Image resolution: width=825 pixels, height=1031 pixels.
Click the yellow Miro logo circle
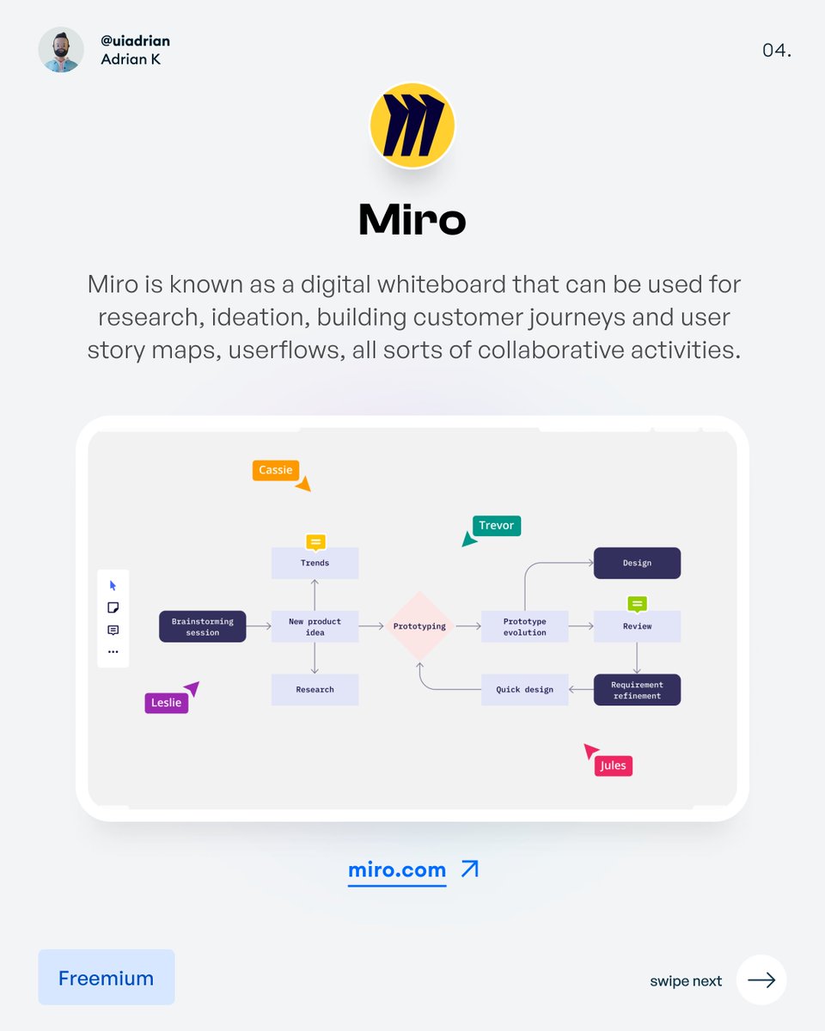pos(412,125)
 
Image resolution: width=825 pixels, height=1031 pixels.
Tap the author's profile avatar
pos(61,49)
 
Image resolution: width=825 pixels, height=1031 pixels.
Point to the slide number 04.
pos(776,51)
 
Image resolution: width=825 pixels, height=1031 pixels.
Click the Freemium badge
pos(107,978)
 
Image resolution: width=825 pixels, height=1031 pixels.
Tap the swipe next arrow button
pos(761,979)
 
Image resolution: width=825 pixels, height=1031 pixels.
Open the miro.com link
pos(397,869)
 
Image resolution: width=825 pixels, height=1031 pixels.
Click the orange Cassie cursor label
pos(275,470)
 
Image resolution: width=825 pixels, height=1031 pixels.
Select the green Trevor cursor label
pos(497,526)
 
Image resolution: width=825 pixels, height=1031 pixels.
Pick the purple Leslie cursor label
pos(166,703)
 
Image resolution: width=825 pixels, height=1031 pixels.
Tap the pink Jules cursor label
pos(613,766)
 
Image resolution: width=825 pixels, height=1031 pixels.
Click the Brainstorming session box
pos(203,626)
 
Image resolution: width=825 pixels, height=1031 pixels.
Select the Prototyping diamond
pos(419,626)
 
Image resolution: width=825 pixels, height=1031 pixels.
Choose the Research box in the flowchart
pos(315,689)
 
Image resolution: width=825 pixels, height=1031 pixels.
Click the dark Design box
pos(637,563)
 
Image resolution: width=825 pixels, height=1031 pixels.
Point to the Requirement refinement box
pos(637,690)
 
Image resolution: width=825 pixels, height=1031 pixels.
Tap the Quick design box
pos(524,689)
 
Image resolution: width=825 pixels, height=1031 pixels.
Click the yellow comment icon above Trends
pos(315,541)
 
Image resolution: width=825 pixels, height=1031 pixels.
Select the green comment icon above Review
pos(637,604)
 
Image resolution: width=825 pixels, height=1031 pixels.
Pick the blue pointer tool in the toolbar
pos(113,586)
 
